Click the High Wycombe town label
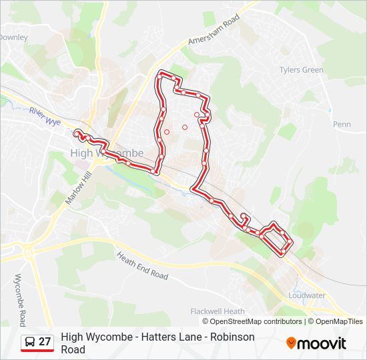[x=107, y=153]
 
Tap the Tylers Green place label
[x=301, y=70]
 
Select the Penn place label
[x=342, y=125]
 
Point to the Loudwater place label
[x=306, y=295]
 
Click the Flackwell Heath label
[x=218, y=311]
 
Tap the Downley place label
[x=13, y=37]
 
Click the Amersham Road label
[x=214, y=31]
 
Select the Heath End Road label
[x=142, y=265]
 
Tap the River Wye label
[x=45, y=115]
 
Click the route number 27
[x=45, y=342]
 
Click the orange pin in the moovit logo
[x=292, y=343]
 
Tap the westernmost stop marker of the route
[x=78, y=133]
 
